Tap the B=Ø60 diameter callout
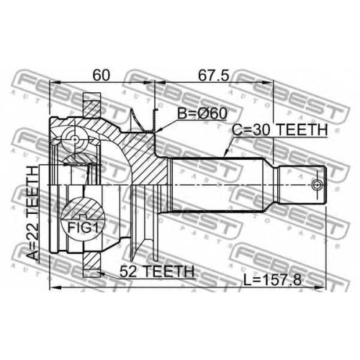(202, 113)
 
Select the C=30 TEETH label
(280, 130)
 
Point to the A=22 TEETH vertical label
(32, 213)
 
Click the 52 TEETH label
(157, 271)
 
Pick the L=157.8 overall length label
(272, 280)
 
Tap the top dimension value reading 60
(101, 75)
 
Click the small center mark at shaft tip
(317, 185)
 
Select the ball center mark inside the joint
(75, 139)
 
